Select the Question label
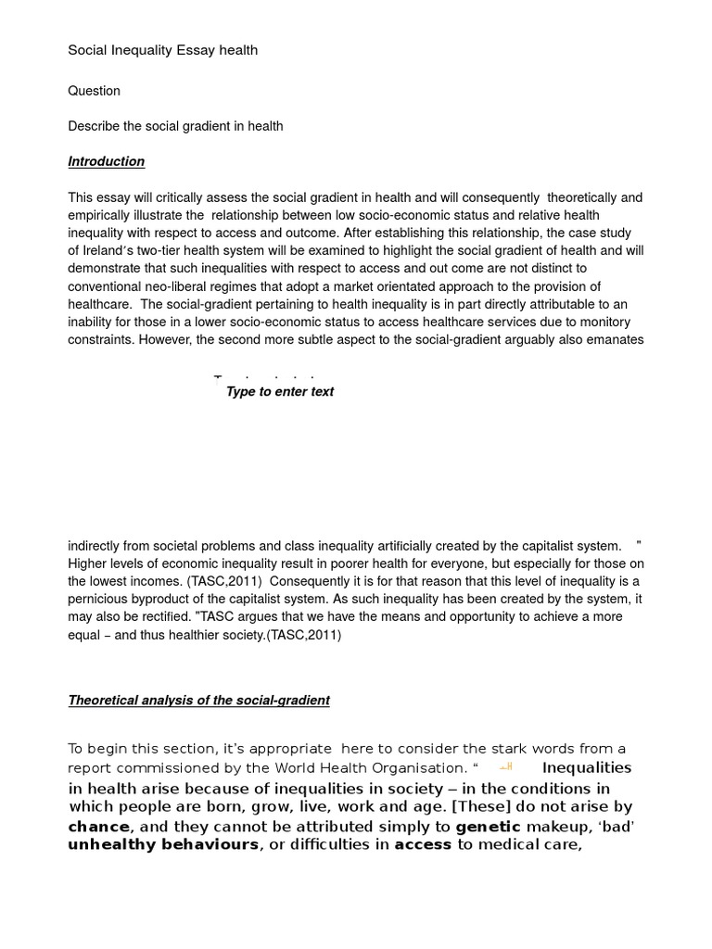[x=94, y=91]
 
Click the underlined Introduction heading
[x=106, y=161]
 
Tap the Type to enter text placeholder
[x=279, y=392]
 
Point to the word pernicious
[x=99, y=600]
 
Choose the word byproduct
[x=186, y=600]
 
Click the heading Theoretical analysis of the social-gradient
[x=198, y=701]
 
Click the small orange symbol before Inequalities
[x=505, y=767]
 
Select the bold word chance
[x=98, y=826]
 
